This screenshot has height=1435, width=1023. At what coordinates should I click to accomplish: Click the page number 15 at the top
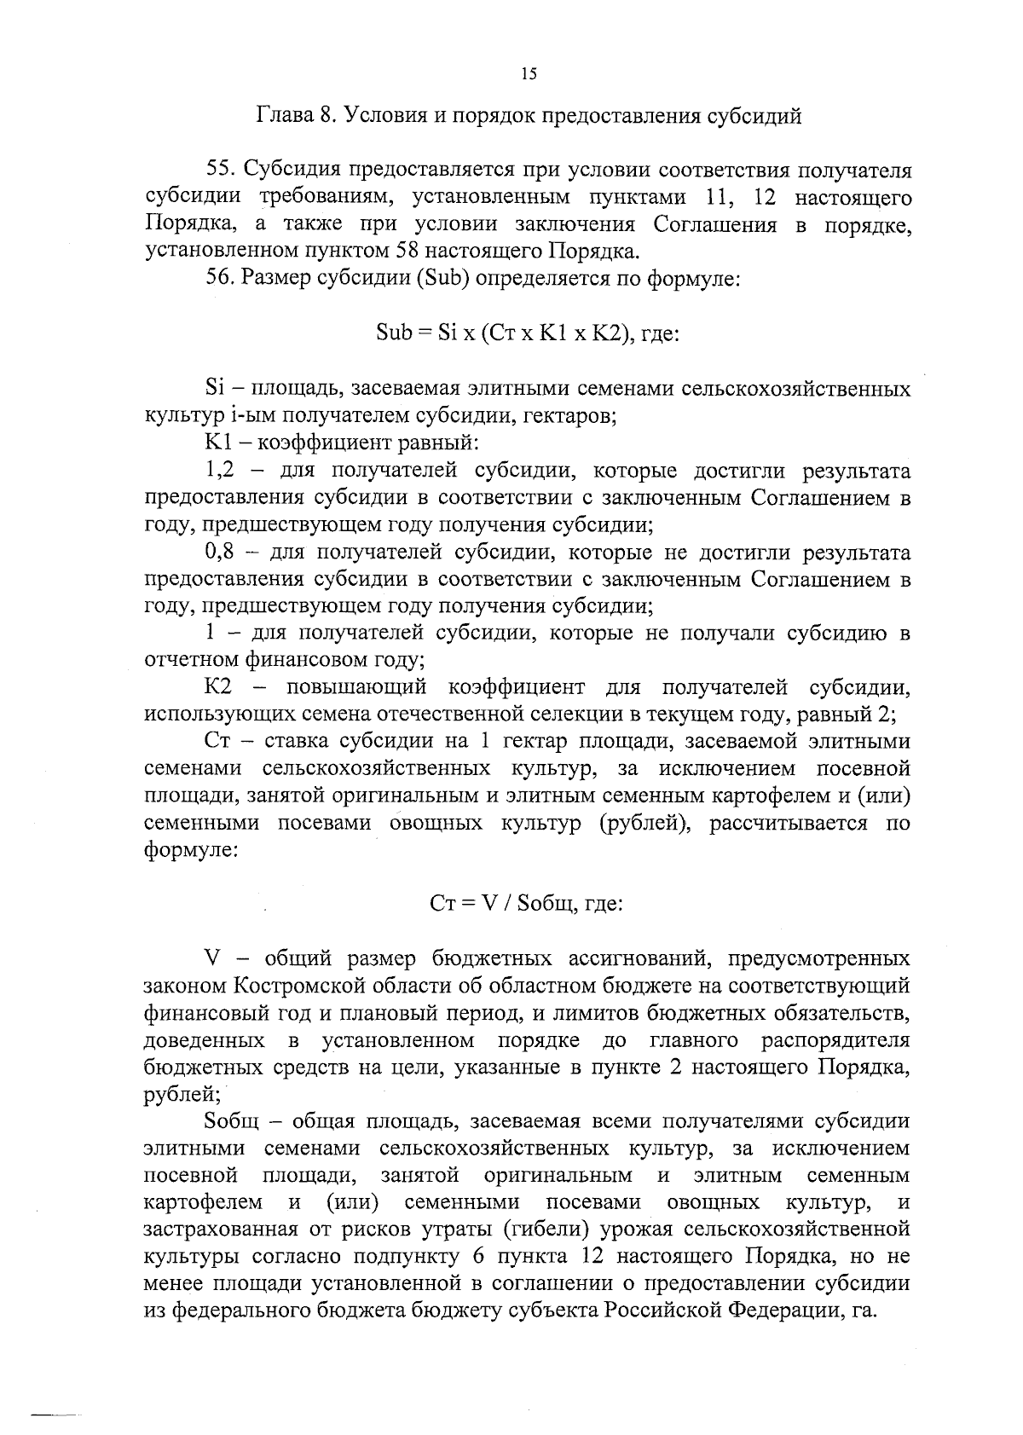coord(528,74)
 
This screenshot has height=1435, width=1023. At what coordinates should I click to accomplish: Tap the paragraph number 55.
coord(219,171)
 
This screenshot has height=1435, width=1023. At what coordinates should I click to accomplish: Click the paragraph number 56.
coord(219,279)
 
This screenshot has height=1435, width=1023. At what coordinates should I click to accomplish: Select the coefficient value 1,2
coord(220,472)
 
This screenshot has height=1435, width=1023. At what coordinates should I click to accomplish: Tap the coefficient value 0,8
coord(220,553)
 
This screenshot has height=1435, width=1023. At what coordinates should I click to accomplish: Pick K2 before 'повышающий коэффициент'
coord(219,686)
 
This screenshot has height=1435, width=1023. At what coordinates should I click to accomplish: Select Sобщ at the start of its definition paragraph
coord(232,1120)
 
